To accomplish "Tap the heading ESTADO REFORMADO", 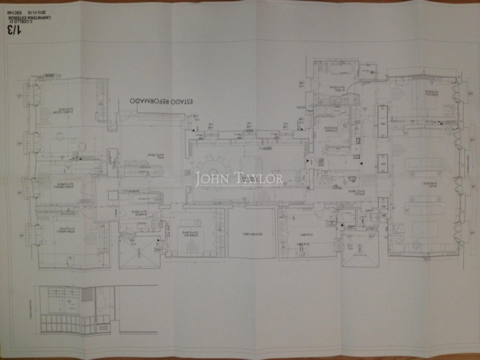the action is pos(163,101).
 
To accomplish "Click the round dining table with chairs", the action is pos(214,167).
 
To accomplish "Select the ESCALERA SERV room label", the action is pos(251,233).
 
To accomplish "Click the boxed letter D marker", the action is pos(187,172).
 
